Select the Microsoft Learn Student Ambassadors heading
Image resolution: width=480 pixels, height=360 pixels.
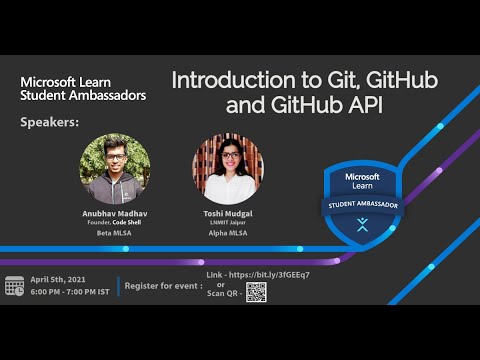[83, 87]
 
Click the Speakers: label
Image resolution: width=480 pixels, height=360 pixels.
[49, 123]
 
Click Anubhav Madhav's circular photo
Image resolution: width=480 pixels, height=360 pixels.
[115, 168]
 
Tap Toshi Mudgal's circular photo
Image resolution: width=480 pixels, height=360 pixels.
[228, 169]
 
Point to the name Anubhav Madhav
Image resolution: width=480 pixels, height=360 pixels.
[115, 212]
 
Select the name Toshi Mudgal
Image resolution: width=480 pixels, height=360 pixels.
[227, 212]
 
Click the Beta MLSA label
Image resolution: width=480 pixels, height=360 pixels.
[115, 233]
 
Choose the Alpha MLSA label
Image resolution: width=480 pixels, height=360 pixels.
[227, 233]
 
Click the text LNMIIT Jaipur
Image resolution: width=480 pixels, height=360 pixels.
[227, 221]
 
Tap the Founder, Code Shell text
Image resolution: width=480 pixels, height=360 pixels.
[115, 221]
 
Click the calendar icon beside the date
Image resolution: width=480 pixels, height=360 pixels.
[14, 285]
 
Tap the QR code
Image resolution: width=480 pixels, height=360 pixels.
[257, 292]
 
